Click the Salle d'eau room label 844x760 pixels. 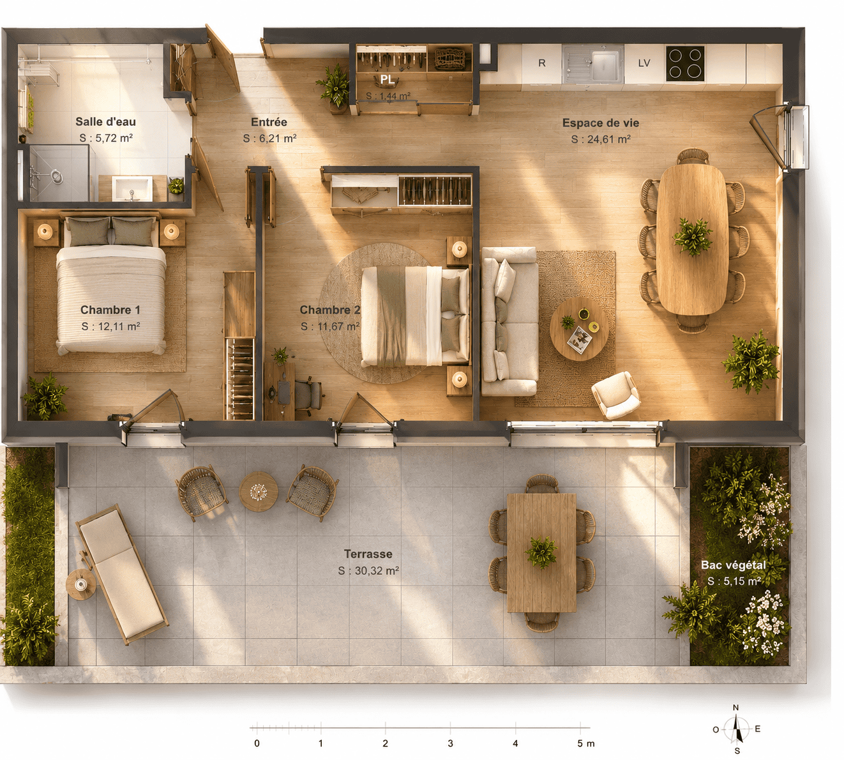[x=105, y=122]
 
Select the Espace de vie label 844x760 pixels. [x=600, y=123]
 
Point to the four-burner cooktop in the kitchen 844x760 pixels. [x=685, y=64]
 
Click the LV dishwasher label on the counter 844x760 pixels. [x=644, y=63]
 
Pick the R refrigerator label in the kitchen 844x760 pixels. [x=542, y=63]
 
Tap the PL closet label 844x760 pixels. [x=388, y=80]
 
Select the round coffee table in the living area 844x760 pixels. [x=579, y=330]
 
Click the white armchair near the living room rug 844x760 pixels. [x=615, y=395]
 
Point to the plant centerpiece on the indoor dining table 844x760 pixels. [x=692, y=236]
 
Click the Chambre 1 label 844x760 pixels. [x=110, y=310]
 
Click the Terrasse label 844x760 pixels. [x=368, y=554]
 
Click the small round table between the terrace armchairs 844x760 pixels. [x=259, y=491]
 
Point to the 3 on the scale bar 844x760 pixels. [x=450, y=743]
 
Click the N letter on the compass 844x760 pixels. [x=736, y=708]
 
